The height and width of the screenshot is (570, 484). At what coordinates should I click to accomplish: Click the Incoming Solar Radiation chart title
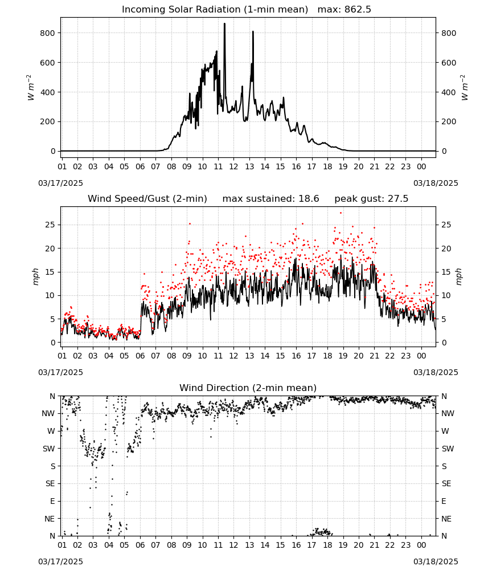point(215,10)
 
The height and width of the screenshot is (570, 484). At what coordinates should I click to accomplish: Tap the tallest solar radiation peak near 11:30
point(224,24)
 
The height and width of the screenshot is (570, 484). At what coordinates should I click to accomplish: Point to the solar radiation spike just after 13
point(253,32)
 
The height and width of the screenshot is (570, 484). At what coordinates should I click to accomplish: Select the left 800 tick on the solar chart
point(47,33)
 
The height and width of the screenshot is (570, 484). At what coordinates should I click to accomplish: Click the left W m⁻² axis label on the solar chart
point(31,88)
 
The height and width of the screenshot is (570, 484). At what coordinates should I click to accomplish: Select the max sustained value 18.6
point(309,199)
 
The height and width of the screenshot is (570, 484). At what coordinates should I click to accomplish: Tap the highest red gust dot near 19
point(341,213)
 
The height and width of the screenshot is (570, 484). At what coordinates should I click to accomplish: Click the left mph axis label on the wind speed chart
point(35,276)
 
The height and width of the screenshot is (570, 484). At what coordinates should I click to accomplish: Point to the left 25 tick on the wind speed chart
point(50,225)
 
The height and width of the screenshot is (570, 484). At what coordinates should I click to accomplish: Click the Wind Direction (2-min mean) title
point(248,388)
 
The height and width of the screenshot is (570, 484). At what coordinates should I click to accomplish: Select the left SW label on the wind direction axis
point(49,449)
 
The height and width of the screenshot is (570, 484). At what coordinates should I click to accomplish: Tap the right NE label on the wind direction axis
point(446,519)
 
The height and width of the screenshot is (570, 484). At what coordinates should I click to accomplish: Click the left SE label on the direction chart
point(50,483)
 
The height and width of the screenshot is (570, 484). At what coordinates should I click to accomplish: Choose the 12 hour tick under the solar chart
point(233,166)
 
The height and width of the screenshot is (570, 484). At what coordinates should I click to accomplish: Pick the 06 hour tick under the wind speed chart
point(140,356)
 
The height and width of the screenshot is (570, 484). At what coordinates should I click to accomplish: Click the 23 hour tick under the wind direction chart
point(405,545)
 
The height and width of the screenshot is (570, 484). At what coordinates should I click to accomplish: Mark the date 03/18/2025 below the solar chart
point(436,183)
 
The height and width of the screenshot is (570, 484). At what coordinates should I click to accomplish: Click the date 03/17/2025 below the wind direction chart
point(60,561)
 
